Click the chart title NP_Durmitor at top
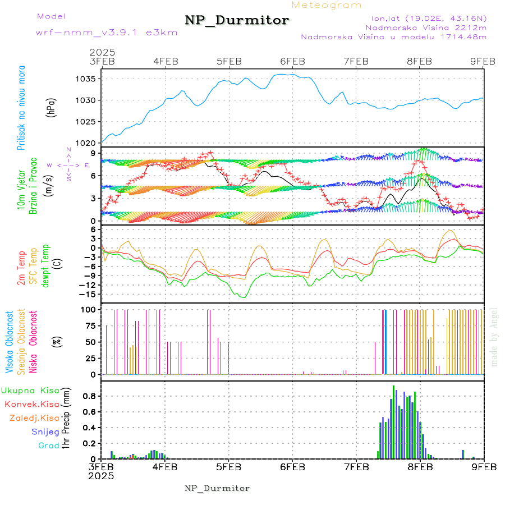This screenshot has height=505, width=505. [x=237, y=21]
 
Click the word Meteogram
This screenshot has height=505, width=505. [x=327, y=5]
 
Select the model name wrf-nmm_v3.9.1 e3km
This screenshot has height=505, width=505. [x=107, y=32]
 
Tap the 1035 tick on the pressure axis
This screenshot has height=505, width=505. [x=86, y=79]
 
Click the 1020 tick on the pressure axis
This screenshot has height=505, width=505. [x=86, y=143]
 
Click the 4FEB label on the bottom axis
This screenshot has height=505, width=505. [x=165, y=467]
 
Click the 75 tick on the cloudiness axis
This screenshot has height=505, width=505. [x=89, y=325]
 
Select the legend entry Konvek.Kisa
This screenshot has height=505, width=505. [x=31, y=404]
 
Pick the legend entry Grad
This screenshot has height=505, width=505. [x=48, y=446]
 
